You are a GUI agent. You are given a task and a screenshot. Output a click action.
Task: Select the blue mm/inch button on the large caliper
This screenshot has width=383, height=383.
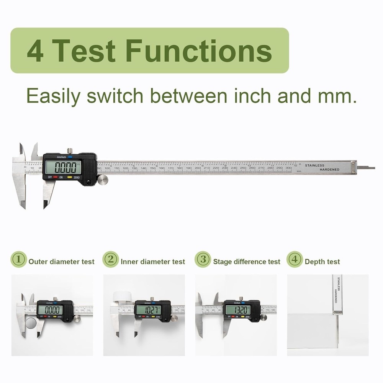(x=70, y=157)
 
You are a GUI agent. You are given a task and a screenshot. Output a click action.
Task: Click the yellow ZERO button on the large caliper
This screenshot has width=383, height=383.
(x=70, y=177)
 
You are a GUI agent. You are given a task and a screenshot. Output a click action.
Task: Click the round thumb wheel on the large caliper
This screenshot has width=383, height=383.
(x=102, y=179)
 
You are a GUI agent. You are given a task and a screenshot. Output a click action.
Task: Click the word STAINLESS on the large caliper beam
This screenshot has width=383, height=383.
(x=314, y=165)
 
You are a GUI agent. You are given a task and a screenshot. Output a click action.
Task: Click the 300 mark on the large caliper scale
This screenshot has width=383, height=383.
(x=288, y=168)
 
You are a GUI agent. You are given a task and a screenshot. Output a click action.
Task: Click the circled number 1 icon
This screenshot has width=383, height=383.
(x=18, y=259)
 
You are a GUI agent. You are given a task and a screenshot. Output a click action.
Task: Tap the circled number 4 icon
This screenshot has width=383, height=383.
(x=295, y=259)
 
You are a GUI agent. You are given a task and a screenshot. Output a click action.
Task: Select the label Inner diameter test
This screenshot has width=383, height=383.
(x=152, y=262)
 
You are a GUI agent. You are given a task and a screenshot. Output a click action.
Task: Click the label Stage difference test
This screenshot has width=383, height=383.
(x=247, y=262)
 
